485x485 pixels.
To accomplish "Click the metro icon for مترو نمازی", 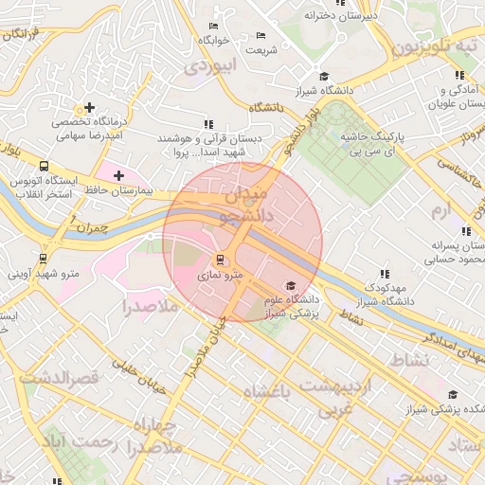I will coord(221,259).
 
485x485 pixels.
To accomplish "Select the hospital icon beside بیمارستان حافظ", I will coord(118,175).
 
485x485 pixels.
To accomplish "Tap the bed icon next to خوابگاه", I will coord(212,25).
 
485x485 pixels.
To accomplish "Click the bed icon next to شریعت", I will coord(261,36).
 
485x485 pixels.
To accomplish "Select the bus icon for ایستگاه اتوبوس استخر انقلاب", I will coord(44,167).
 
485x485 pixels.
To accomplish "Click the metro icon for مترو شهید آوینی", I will coord(44,258).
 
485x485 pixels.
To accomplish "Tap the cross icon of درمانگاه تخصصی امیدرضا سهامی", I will coord(89,108).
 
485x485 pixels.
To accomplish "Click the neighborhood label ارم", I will coord(441,208).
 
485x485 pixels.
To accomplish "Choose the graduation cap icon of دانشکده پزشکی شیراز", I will coord(453,395).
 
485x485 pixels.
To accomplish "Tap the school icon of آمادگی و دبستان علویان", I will coord(459,75).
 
